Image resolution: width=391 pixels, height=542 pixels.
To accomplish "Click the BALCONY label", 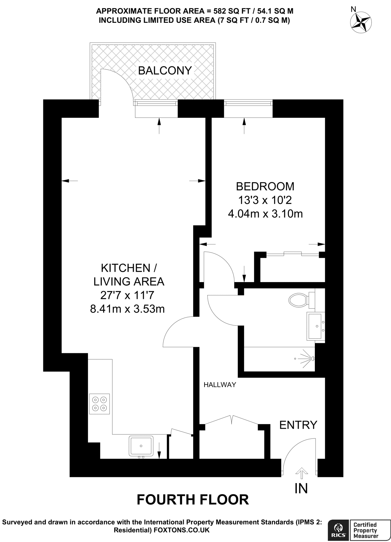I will click(x=165, y=71).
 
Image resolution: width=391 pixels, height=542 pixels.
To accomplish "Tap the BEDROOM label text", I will click(x=265, y=186).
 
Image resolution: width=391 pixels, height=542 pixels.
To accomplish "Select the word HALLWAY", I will click(x=220, y=385).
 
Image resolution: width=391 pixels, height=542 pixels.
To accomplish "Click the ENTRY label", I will click(x=298, y=425).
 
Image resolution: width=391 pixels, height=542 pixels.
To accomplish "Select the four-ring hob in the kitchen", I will click(x=99, y=404).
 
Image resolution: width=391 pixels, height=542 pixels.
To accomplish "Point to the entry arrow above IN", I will click(x=302, y=472).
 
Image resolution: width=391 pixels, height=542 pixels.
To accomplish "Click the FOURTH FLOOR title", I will click(x=193, y=500).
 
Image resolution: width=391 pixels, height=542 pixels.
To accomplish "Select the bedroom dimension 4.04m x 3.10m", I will click(x=265, y=214).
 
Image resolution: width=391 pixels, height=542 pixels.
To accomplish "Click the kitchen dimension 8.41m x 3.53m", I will click(x=127, y=309).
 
